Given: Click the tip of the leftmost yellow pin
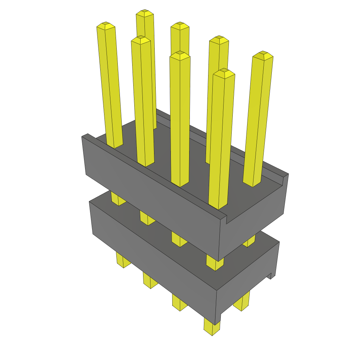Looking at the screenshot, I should point(106,26).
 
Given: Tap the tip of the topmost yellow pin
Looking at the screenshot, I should point(145,13).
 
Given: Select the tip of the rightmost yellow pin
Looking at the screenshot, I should point(263,55).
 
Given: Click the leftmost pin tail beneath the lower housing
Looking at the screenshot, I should point(123,260).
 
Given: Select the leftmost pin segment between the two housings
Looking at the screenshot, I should point(118,198).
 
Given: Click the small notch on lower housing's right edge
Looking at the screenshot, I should point(271,276).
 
